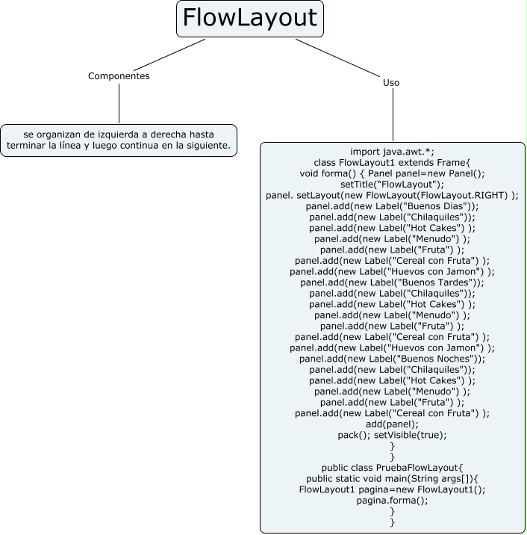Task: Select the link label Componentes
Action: click(119, 76)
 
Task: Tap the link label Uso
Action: click(391, 83)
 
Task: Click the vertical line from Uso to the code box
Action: click(392, 116)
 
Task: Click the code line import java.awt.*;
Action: click(392, 151)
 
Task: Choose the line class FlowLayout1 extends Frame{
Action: click(392, 162)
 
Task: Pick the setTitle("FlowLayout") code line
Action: click(392, 184)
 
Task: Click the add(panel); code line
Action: click(392, 424)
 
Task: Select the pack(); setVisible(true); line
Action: click(392, 435)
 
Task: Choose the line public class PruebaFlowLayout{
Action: click(392, 468)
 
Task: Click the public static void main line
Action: click(392, 479)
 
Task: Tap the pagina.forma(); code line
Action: click(392, 501)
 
